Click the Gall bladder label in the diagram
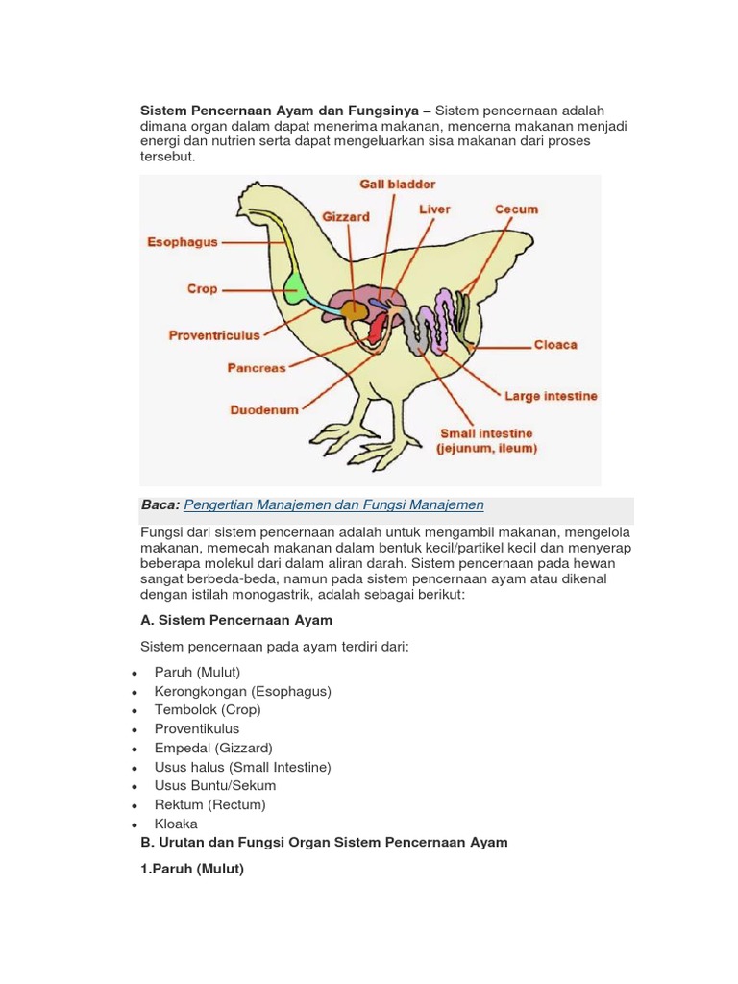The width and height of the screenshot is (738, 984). coord(397,184)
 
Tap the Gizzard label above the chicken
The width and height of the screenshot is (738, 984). coord(346,217)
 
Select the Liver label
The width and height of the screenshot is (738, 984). coord(434,209)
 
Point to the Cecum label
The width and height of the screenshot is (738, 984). coord(516,209)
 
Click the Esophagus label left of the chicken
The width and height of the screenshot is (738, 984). coord(183,242)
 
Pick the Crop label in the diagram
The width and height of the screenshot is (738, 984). coord(202,288)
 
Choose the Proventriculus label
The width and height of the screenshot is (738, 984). coord(214,335)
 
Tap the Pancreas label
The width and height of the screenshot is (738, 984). coord(257,367)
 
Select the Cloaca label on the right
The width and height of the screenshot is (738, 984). coord(555,344)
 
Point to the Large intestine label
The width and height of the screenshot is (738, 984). coord(551,396)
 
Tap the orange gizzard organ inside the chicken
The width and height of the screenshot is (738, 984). coord(354,310)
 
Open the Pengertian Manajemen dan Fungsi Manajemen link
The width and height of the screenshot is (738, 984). coord(332,504)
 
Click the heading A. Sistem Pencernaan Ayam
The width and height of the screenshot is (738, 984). coord(236,620)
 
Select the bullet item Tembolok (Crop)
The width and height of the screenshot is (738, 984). coord(208,710)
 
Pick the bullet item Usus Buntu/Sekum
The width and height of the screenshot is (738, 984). coord(215,786)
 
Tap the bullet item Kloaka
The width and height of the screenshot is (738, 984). coord(176,824)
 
